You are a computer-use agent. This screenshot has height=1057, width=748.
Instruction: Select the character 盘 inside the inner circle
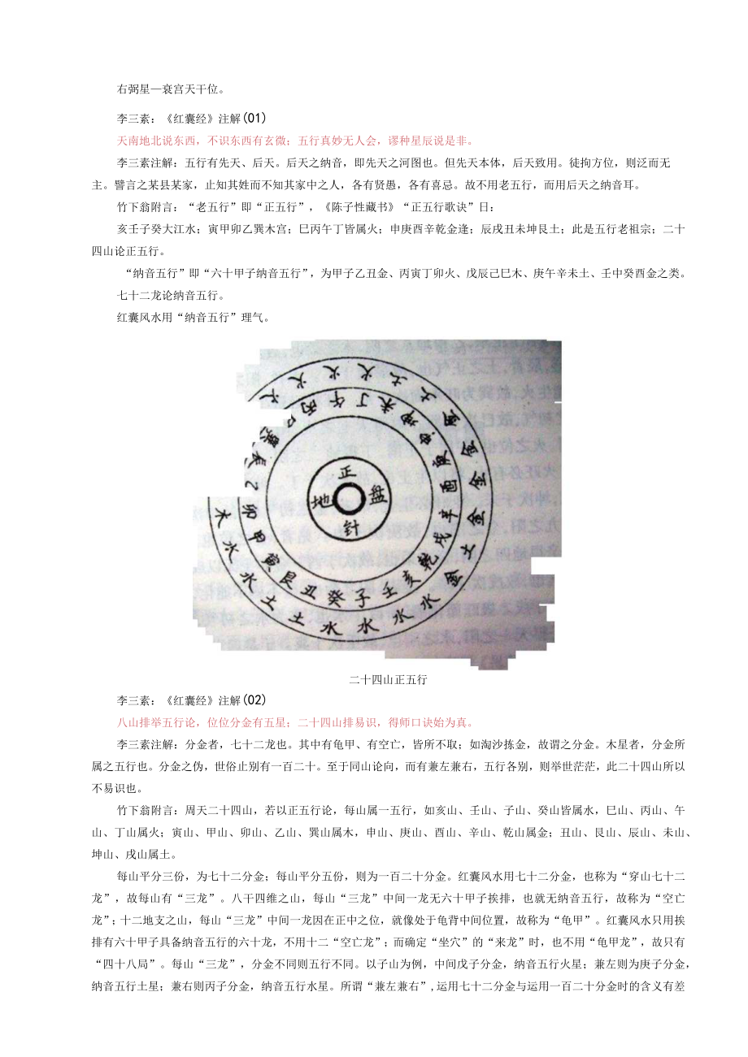click(380, 494)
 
